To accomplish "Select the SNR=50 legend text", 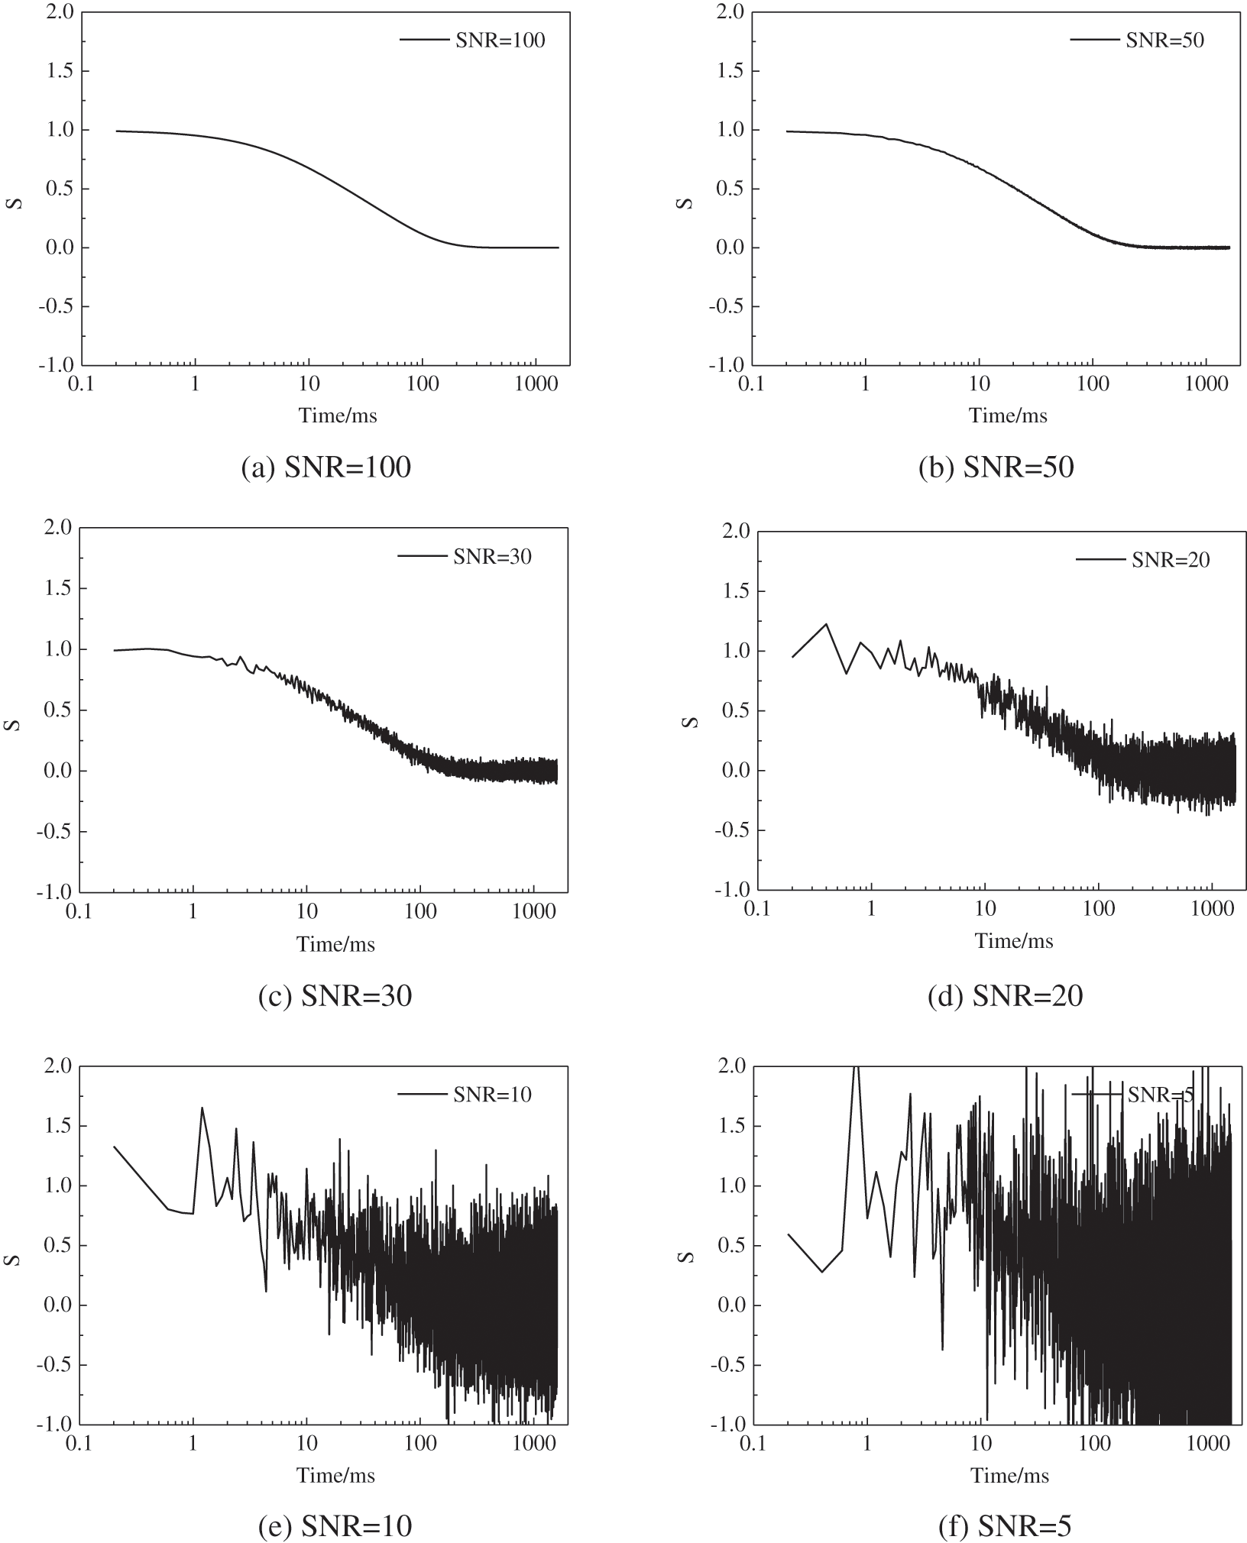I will tap(1164, 40).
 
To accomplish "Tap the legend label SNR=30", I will tap(492, 557).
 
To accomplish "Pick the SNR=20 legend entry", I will tap(1171, 560).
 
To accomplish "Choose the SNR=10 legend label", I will tap(492, 1095).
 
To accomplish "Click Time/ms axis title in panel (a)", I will tap(338, 416).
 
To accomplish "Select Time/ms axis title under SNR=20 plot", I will tap(1014, 941).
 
